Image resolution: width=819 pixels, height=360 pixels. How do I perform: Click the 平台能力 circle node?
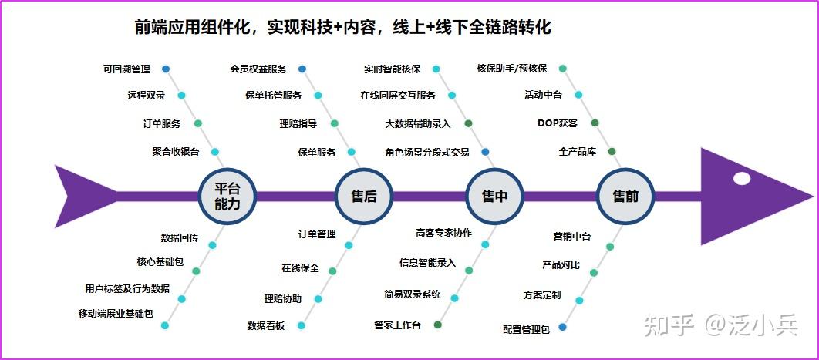[227, 197]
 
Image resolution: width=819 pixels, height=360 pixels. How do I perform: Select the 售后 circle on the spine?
[364, 197]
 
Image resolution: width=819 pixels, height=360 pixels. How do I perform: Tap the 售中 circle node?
[494, 197]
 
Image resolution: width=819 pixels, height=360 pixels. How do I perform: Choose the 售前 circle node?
[625, 197]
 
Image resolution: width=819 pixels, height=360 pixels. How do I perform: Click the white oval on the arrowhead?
[741, 179]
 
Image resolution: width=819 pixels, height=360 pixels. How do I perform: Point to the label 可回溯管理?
[126, 69]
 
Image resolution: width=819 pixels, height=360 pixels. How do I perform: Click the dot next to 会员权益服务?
[302, 69]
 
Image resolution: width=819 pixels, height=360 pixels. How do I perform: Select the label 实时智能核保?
[393, 69]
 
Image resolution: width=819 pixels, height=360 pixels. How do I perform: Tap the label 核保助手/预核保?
[512, 69]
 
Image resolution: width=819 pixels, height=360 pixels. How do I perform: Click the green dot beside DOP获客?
[595, 123]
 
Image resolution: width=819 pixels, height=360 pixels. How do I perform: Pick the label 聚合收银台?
[176, 152]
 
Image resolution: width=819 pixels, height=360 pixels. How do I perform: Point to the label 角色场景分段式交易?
[427, 152]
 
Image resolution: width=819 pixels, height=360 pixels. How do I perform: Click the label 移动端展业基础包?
[116, 314]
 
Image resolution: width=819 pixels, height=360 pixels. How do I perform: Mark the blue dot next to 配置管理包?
[563, 327]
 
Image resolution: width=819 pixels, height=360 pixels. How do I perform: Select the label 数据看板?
[266, 326]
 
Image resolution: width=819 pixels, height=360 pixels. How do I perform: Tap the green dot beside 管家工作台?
[438, 325]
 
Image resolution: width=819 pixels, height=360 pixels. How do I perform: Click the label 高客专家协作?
[443, 233]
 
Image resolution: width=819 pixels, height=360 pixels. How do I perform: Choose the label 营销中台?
[572, 237]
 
